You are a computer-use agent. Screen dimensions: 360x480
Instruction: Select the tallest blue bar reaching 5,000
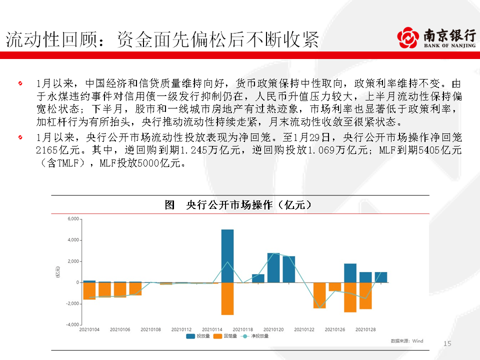pyautogui.click(x=227, y=255)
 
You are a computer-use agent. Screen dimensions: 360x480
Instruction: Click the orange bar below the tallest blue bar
pyautogui.click(x=227, y=298)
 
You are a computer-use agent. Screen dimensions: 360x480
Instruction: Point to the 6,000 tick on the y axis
pyautogui.click(x=73, y=219)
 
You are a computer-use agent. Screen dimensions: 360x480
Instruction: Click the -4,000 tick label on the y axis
pyautogui.click(x=72, y=324)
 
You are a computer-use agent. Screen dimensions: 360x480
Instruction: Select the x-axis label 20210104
pyautogui.click(x=89, y=329)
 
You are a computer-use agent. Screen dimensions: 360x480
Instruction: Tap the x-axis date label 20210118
pyautogui.click(x=243, y=329)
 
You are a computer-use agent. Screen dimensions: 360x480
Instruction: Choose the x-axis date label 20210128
pyautogui.click(x=365, y=329)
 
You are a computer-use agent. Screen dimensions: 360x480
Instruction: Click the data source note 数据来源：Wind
pyautogui.click(x=406, y=341)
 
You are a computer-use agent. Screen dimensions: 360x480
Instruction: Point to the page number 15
pyautogui.click(x=447, y=343)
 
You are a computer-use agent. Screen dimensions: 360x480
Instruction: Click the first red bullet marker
pyautogui.click(x=19, y=82)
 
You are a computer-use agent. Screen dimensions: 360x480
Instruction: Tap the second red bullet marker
pyautogui.click(x=19, y=137)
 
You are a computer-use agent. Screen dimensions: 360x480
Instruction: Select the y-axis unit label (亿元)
pyautogui.click(x=57, y=273)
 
